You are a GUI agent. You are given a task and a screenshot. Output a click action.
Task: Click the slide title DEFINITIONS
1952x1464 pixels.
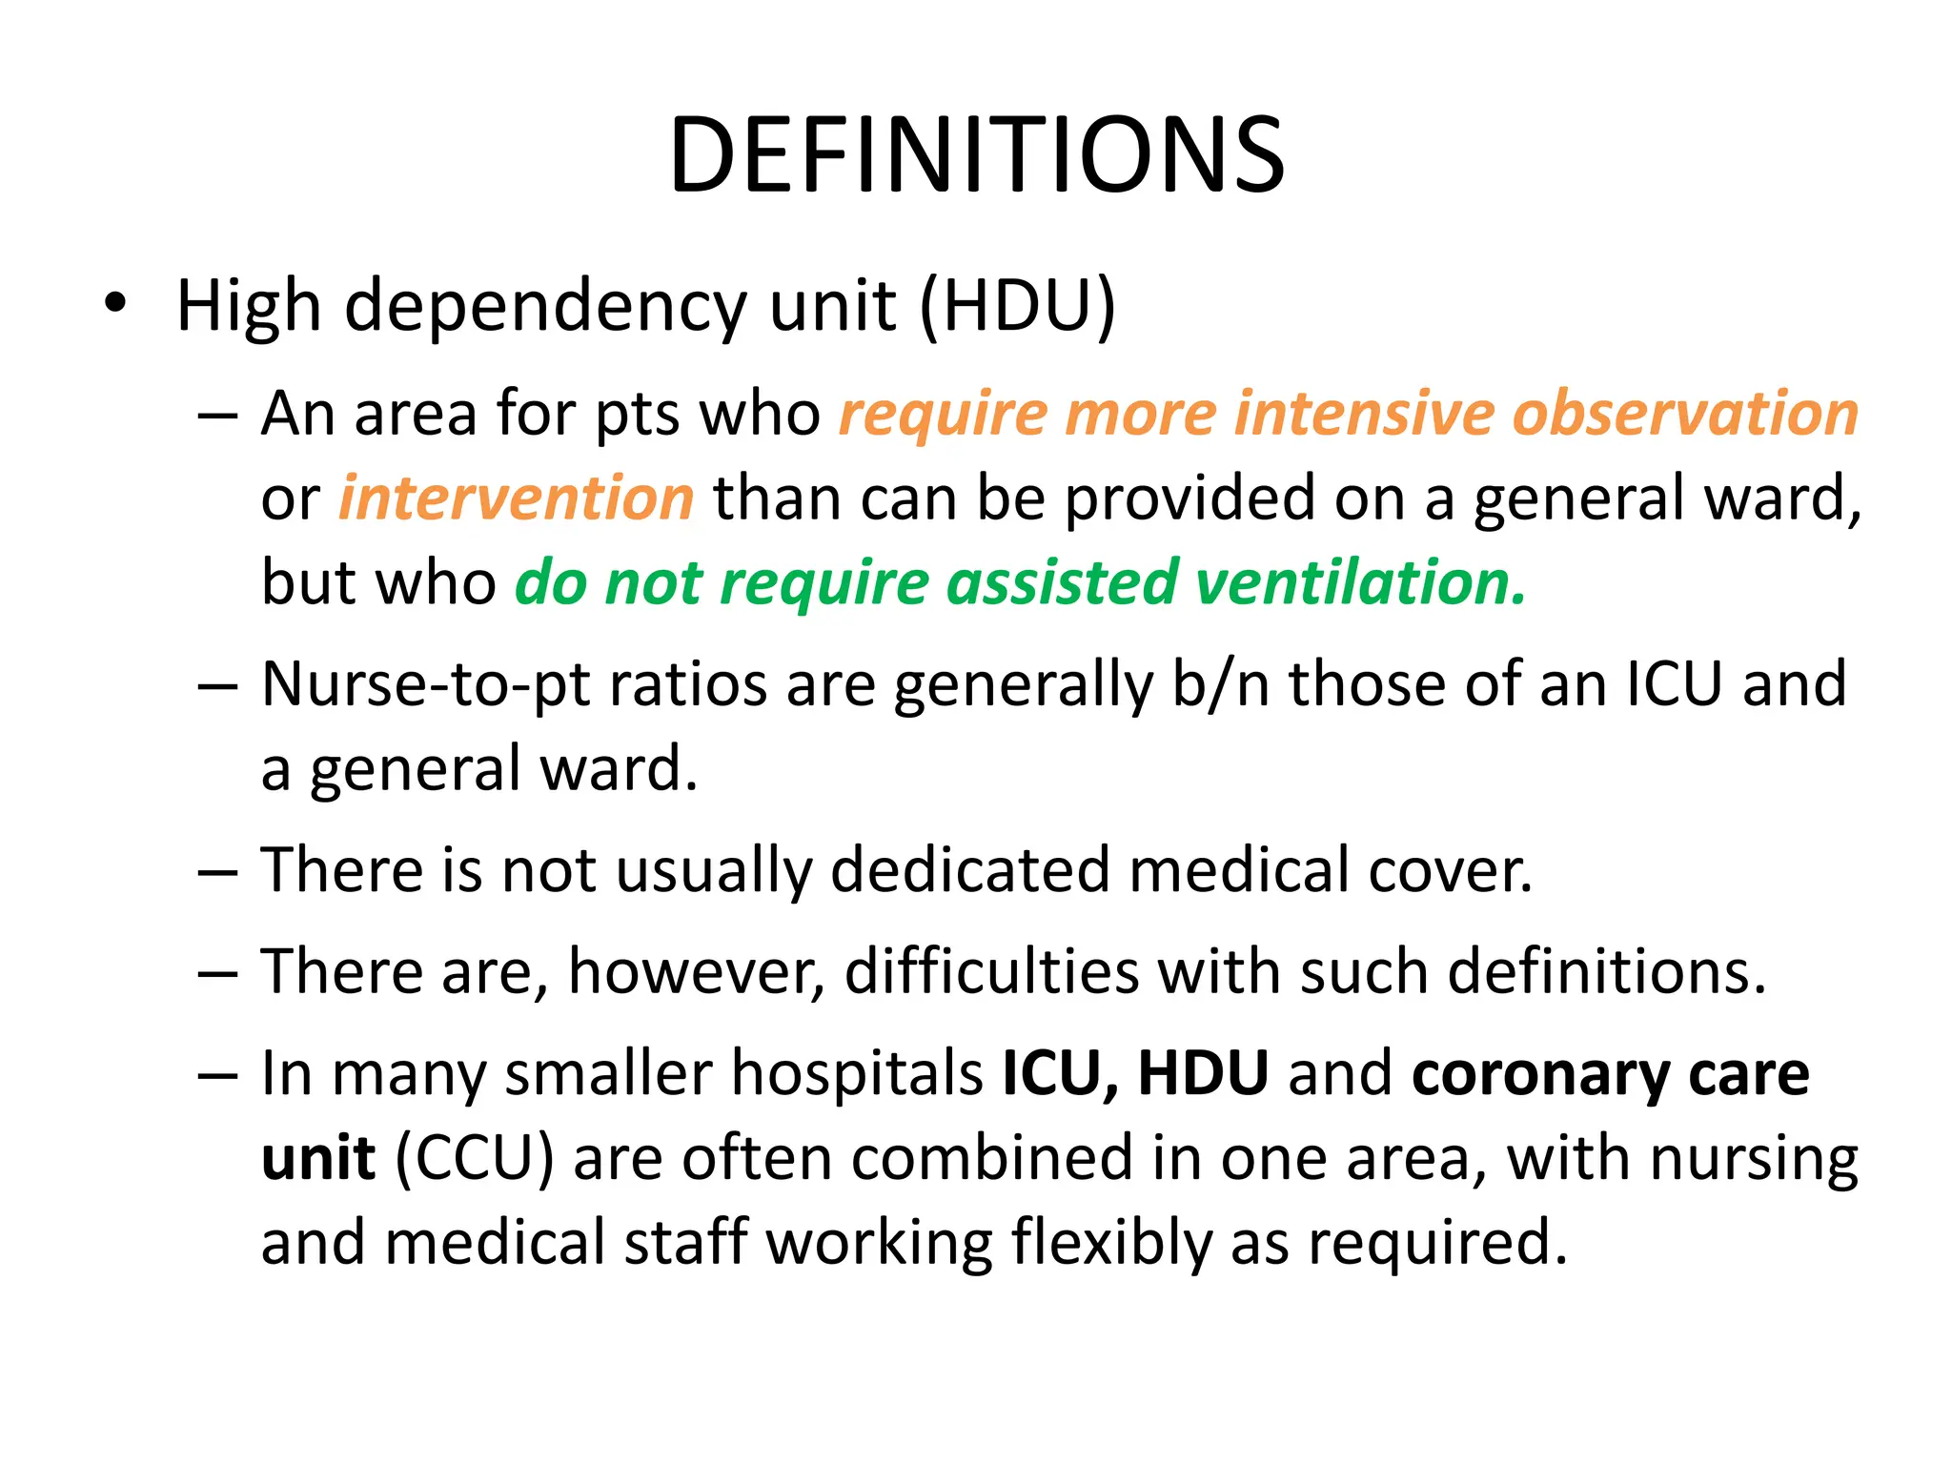tap(976, 154)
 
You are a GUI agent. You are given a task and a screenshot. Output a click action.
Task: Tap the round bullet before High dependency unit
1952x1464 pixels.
tap(115, 304)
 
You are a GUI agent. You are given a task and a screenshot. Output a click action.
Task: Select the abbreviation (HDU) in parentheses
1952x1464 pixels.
tap(1017, 307)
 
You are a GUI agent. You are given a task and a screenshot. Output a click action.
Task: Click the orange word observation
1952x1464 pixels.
tap(1685, 414)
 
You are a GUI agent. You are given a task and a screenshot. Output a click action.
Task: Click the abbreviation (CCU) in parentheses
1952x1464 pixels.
tap(474, 1158)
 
